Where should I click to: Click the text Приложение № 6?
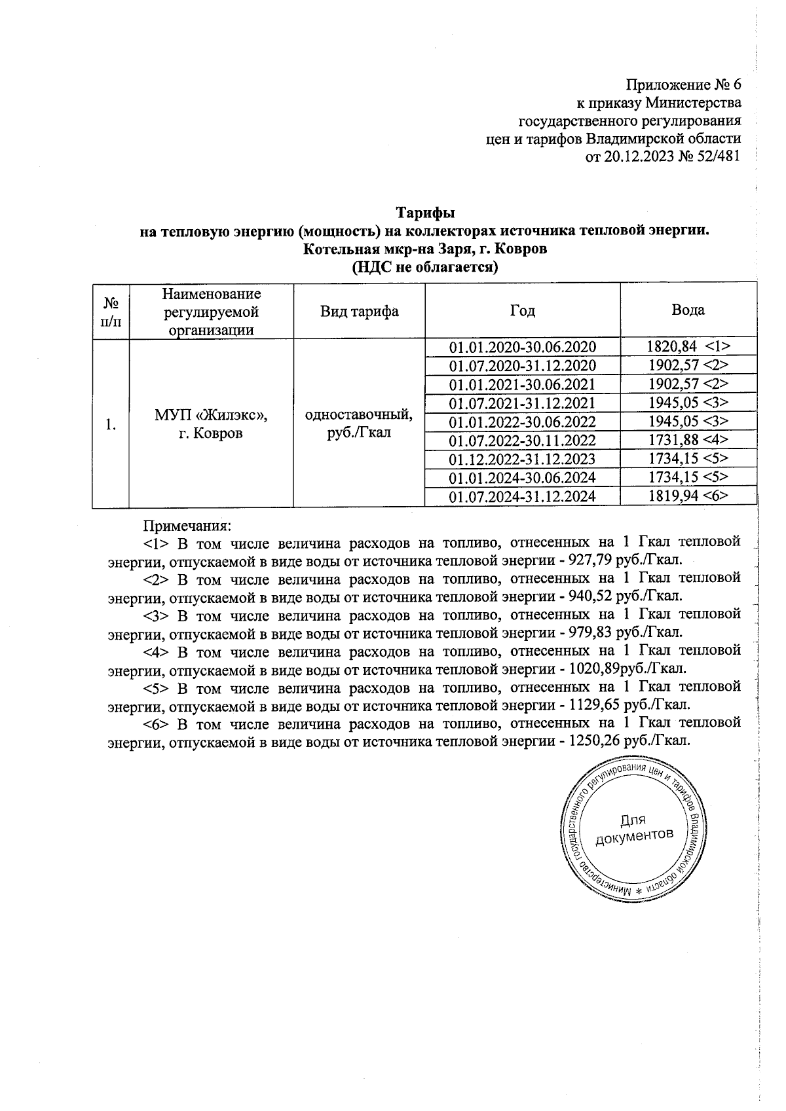[684, 85]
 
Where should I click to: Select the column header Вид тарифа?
[359, 311]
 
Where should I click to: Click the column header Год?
[522, 311]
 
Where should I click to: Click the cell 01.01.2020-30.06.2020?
[522, 347]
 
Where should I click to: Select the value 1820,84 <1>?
[688, 347]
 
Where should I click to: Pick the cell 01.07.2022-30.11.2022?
[522, 441]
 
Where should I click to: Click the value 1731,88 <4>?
[688, 440]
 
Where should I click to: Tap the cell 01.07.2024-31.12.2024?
[522, 497]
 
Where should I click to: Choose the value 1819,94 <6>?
[688, 496]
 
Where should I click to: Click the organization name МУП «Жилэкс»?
[211, 416]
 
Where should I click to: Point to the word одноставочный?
[359, 415]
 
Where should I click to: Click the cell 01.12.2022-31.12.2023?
[522, 459]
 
